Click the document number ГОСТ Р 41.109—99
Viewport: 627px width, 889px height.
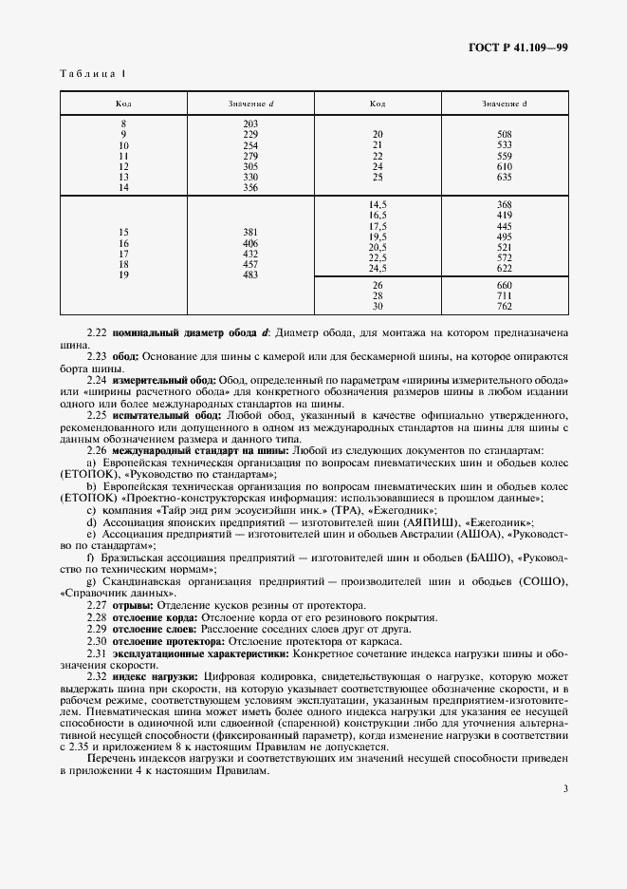click(x=519, y=47)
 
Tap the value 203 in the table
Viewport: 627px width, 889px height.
click(x=250, y=124)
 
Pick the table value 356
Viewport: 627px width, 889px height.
click(x=250, y=187)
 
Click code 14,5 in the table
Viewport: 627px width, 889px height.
click(x=378, y=204)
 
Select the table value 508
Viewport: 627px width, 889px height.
click(x=504, y=135)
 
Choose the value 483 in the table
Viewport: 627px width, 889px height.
click(x=250, y=275)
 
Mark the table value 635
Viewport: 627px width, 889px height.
click(x=504, y=177)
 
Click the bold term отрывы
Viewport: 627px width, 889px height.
click(x=133, y=605)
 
